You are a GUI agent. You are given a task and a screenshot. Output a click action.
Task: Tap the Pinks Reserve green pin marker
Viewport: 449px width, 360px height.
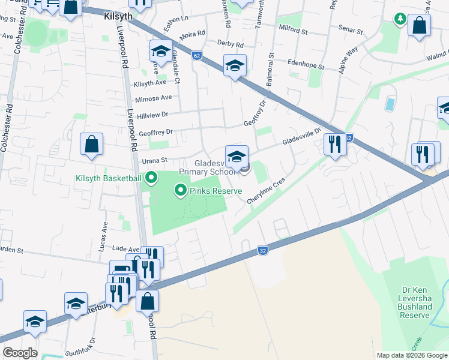pos(180,191)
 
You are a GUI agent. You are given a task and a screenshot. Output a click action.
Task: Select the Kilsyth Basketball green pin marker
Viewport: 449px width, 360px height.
pos(151,178)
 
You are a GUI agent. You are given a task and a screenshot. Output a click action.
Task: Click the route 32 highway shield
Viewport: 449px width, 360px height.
pos(262,250)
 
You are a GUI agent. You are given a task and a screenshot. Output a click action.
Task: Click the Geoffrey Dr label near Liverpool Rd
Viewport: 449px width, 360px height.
pos(155,131)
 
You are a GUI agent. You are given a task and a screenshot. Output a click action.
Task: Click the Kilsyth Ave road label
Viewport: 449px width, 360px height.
pos(150,83)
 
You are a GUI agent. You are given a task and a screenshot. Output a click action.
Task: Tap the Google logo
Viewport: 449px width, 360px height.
pos(19,353)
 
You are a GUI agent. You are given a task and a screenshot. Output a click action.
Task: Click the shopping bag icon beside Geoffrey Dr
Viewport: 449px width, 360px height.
pos(91,145)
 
